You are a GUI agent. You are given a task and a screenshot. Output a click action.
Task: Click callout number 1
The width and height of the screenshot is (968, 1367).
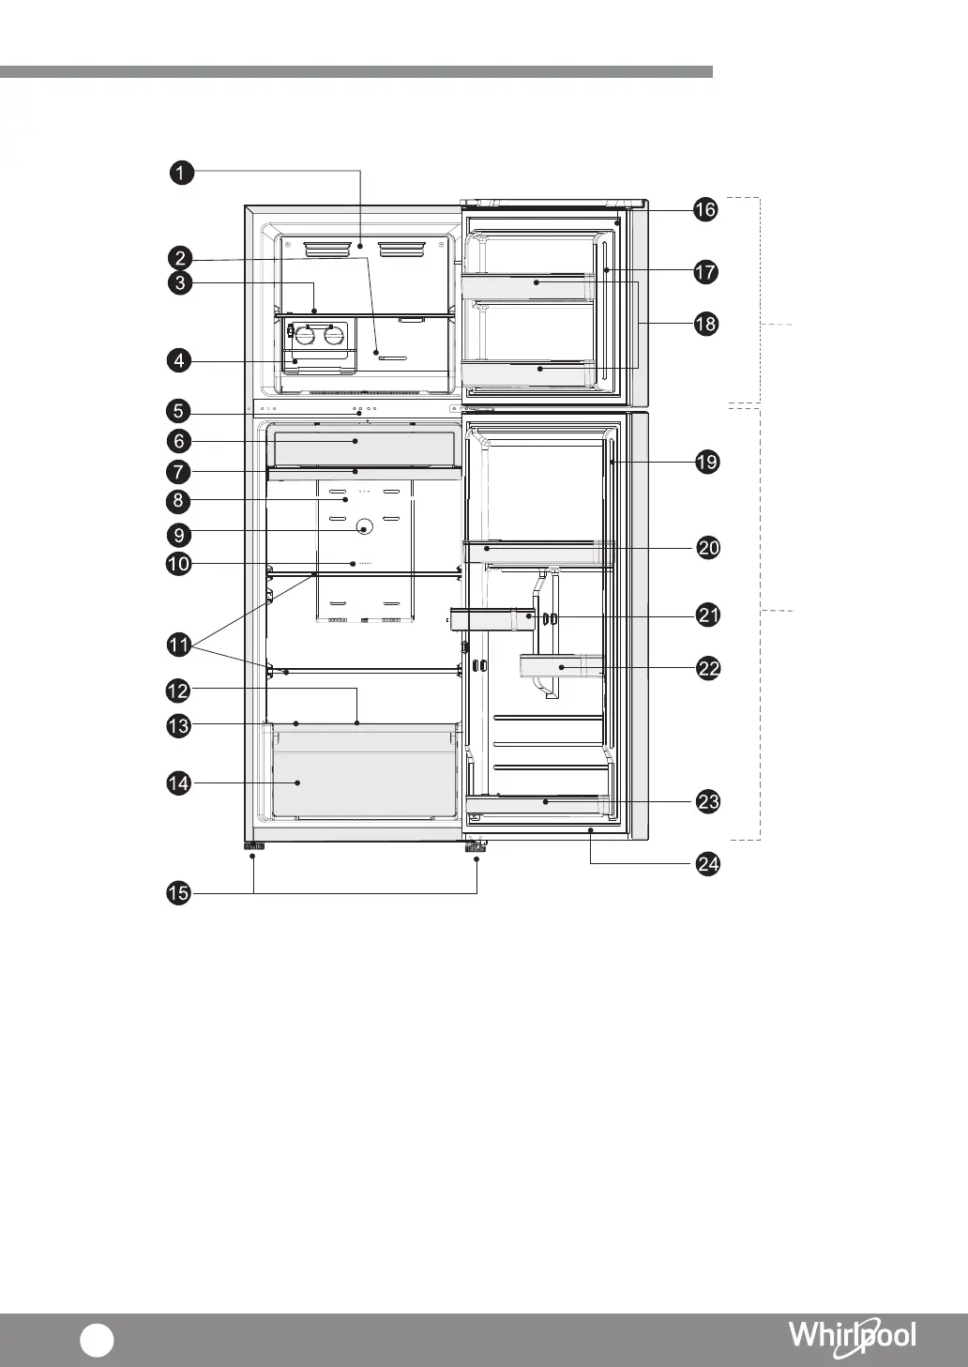coord(181,172)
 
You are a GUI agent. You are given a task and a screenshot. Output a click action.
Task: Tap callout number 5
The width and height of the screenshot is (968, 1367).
coord(178,410)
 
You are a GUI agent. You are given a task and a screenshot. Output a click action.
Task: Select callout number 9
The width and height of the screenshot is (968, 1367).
coord(179,535)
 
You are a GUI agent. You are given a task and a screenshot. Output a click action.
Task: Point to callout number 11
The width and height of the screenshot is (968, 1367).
coord(179,645)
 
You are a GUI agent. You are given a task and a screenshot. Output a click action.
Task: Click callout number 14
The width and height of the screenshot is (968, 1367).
coord(179,783)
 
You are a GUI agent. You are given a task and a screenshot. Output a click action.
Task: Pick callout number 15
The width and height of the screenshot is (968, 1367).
coord(179,893)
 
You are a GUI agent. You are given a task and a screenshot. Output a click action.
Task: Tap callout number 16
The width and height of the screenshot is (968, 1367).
coord(705,210)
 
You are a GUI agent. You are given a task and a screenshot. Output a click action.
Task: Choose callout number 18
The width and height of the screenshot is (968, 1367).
coord(706,324)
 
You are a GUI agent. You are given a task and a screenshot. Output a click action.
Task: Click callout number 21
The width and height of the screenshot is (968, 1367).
coord(708,615)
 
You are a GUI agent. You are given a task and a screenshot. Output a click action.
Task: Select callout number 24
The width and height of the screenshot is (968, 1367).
coord(708,864)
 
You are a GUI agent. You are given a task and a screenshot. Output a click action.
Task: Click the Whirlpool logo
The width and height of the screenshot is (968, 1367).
coord(853,1333)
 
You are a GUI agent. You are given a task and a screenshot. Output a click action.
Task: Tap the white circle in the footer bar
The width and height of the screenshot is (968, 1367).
coord(97,1340)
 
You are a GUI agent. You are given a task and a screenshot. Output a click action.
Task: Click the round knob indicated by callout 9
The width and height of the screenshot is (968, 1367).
coord(364,526)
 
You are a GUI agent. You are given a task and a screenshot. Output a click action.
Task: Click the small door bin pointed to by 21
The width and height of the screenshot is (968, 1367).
coord(492,619)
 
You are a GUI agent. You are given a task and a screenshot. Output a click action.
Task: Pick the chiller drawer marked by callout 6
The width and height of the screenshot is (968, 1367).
coord(364,448)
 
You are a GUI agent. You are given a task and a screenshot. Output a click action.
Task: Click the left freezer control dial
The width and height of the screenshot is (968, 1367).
coord(305,334)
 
